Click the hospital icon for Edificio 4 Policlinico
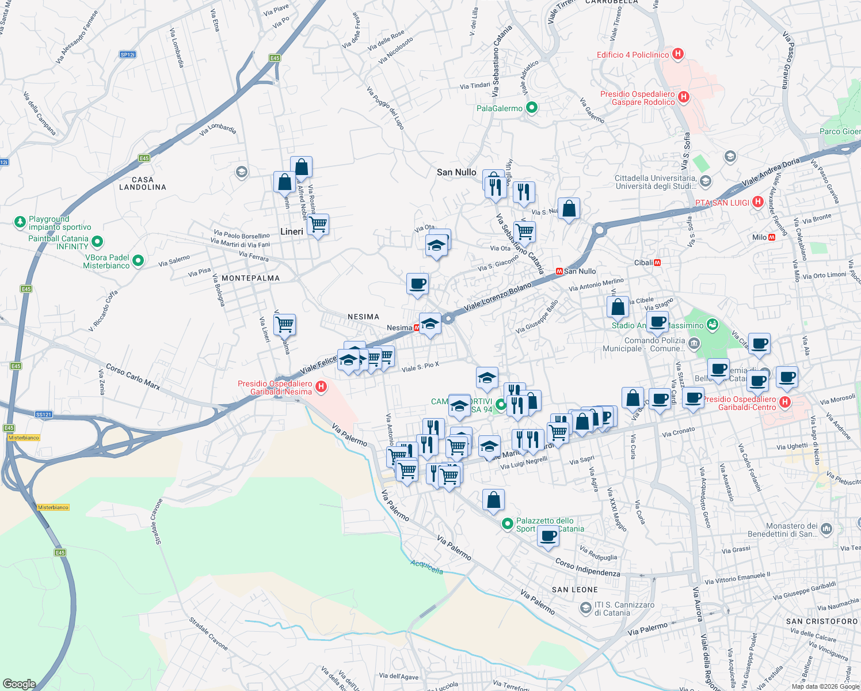click(x=678, y=55)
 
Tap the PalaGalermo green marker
click(x=532, y=108)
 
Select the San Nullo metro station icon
click(x=558, y=271)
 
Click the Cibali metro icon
click(x=657, y=263)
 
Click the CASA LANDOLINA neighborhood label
click(x=143, y=184)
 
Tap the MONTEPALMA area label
click(x=250, y=278)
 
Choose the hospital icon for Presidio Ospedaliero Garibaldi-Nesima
click(x=321, y=387)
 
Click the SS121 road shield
click(x=44, y=414)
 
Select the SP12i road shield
click(x=127, y=55)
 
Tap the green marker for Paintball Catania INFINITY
click(x=97, y=242)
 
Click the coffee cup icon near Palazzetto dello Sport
click(x=548, y=536)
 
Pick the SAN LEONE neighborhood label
click(x=574, y=590)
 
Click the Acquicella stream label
click(x=426, y=567)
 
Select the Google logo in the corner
click(x=19, y=684)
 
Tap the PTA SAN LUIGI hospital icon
click(x=758, y=202)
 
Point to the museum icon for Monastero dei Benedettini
click(x=826, y=529)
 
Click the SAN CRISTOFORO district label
click(x=821, y=621)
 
